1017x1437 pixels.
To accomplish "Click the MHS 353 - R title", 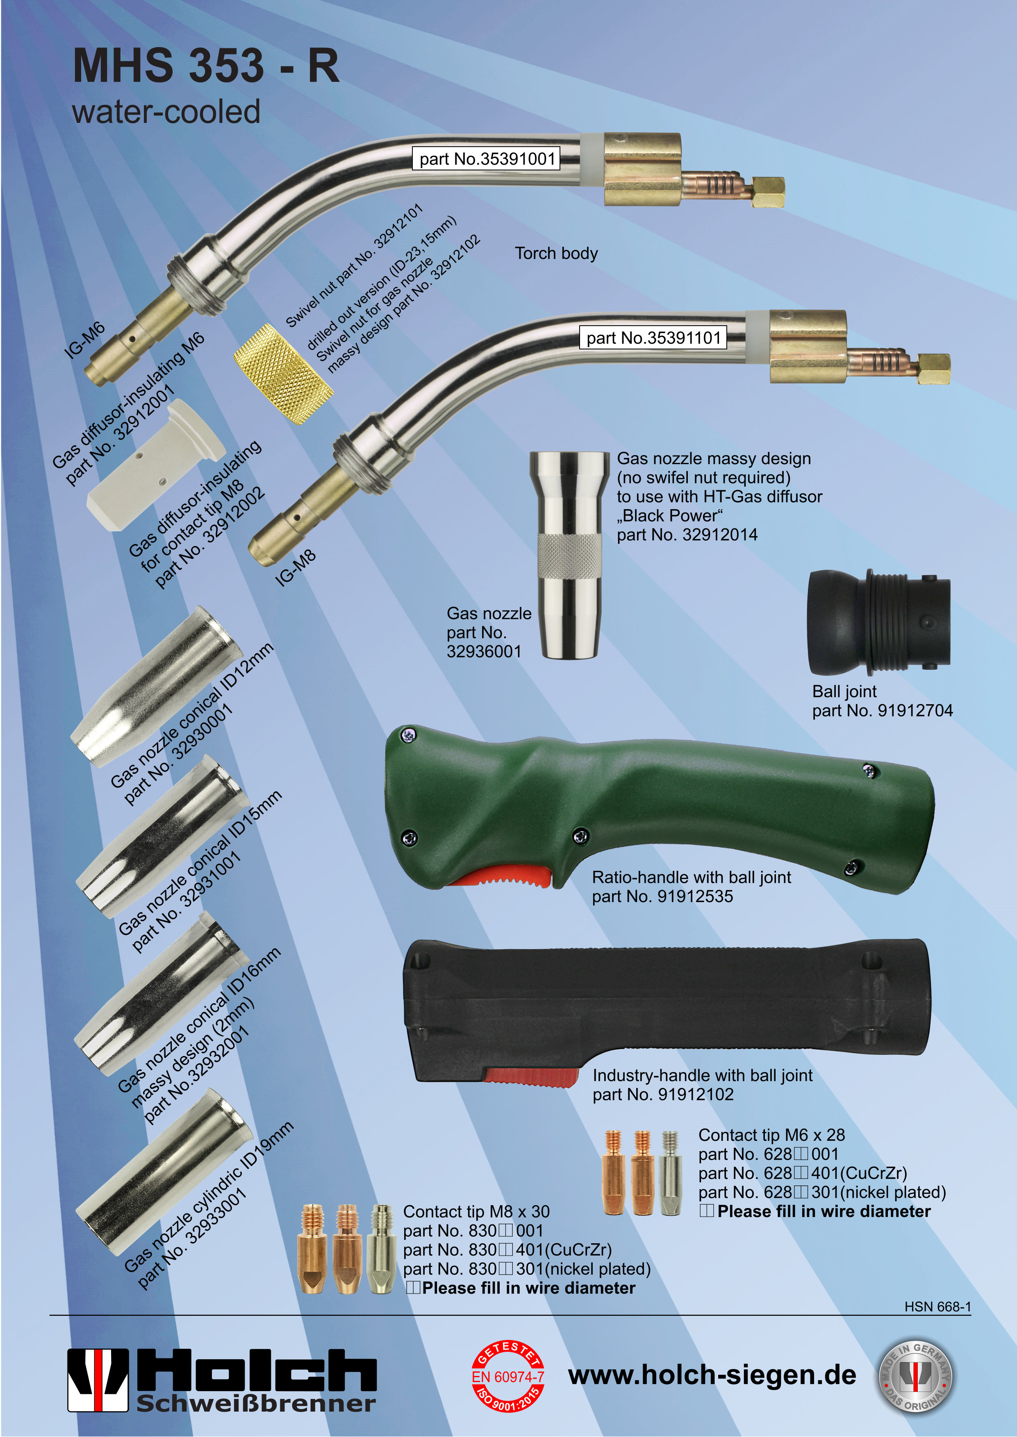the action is (206, 66).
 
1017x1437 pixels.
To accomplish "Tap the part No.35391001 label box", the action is (486, 159).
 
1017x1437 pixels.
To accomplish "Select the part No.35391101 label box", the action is (653, 338).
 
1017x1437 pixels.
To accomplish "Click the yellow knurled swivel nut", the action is (283, 374).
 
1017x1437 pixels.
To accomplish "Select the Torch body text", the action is (556, 254).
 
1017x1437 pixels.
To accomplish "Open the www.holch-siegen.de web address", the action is (712, 1375).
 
